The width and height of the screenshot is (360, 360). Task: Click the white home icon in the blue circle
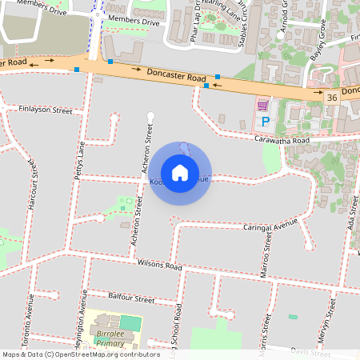pos(180,172)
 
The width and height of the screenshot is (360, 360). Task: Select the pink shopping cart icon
pos(262,105)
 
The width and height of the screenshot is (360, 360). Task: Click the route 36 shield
pos(331,97)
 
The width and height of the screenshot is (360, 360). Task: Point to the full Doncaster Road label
pos(176,76)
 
